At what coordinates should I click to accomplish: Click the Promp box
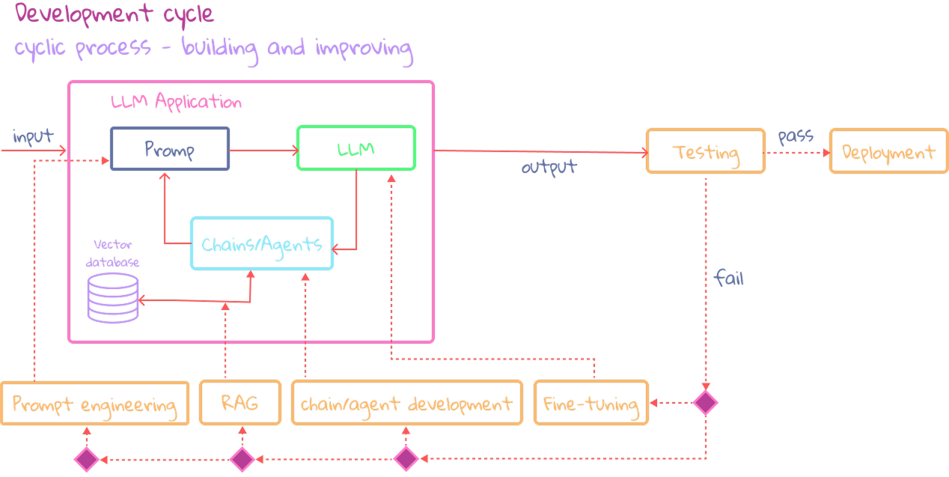(170, 149)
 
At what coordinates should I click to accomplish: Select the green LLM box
(356, 148)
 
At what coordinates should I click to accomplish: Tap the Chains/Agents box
(262, 243)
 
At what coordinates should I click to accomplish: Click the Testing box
(705, 152)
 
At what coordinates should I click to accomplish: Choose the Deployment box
(888, 152)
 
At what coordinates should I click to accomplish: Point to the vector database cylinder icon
(113, 297)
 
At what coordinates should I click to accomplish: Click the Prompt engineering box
(94, 404)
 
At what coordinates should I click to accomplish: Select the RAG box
(240, 403)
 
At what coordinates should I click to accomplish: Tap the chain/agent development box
(406, 404)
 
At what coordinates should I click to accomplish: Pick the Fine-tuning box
(591, 404)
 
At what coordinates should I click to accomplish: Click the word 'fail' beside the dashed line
(728, 279)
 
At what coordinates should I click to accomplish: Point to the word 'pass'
(796, 136)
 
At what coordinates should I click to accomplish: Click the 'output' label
(549, 166)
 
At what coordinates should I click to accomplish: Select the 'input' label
(33, 137)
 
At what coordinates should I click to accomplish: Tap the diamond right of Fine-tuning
(705, 403)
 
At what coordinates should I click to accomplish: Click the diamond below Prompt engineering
(86, 458)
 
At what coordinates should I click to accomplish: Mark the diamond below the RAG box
(242, 458)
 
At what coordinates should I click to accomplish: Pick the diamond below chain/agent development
(406, 458)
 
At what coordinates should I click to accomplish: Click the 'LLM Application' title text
(177, 102)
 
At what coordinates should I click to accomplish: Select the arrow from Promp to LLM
(263, 151)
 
